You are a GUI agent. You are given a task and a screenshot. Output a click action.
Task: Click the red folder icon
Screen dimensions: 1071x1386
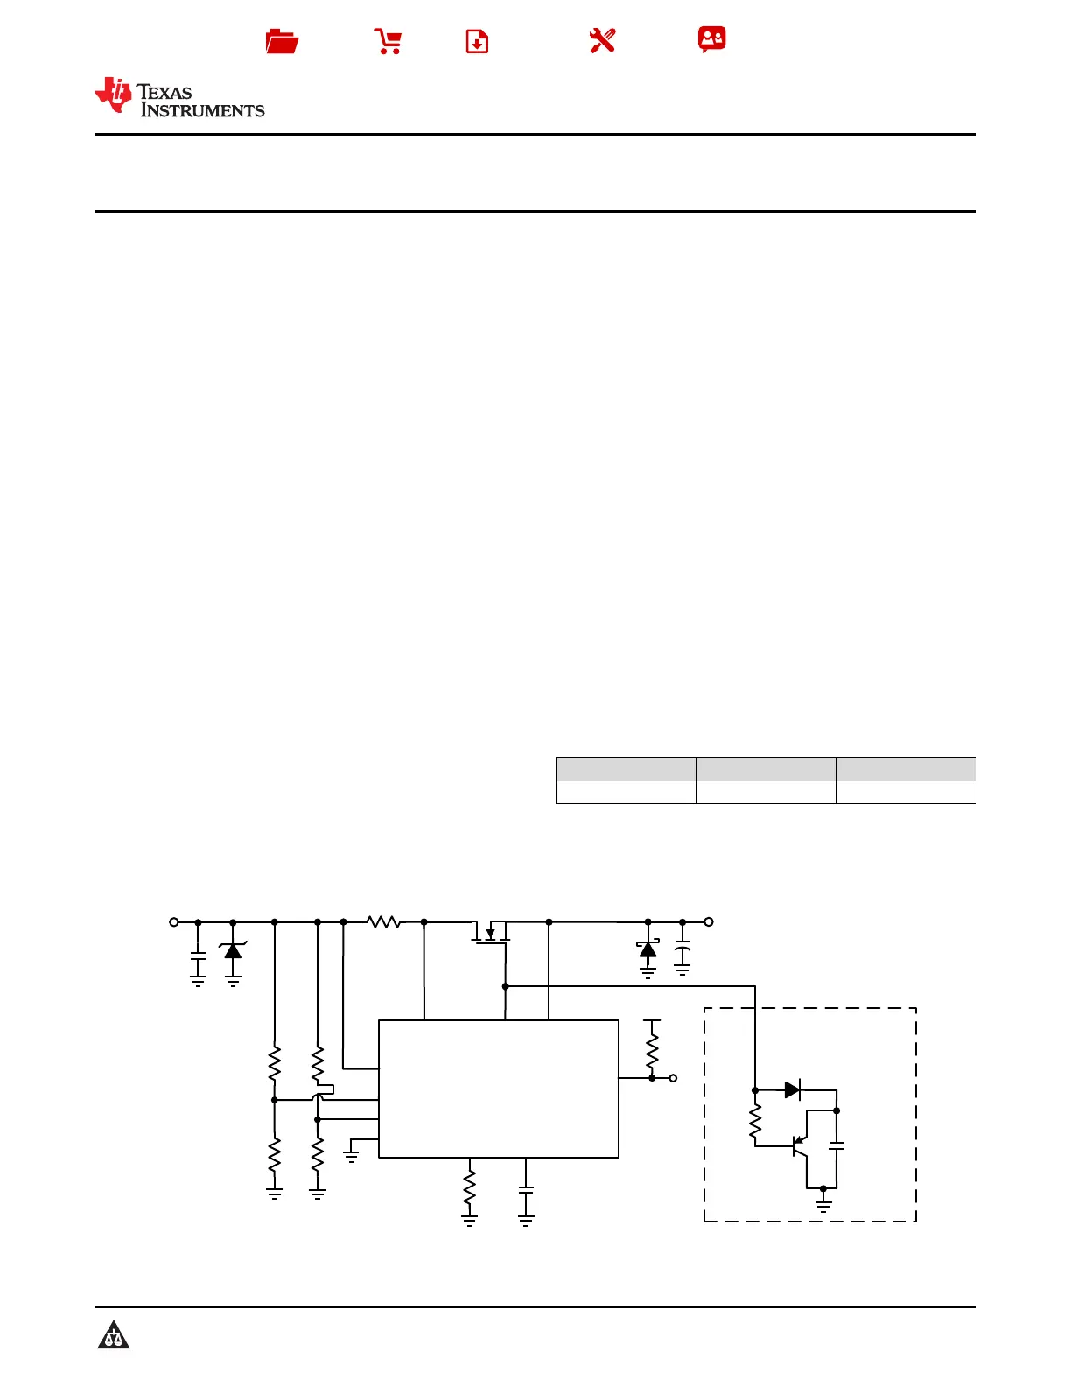point(282,41)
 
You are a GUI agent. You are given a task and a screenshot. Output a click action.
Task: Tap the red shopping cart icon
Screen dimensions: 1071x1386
point(388,41)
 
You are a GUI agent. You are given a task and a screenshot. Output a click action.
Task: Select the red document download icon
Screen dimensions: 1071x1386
point(477,41)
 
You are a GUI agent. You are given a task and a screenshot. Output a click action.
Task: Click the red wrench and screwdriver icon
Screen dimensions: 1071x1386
point(602,40)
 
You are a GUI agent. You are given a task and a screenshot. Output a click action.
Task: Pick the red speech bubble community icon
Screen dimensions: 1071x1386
point(711,39)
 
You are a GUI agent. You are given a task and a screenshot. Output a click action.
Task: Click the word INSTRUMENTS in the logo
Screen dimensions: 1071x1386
point(203,111)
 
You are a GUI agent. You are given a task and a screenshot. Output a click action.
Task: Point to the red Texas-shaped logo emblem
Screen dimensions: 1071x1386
point(113,94)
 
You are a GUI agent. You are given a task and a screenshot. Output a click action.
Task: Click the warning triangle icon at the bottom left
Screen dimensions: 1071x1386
point(114,1334)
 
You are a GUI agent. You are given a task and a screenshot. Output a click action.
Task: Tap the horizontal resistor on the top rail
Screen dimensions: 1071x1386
point(383,921)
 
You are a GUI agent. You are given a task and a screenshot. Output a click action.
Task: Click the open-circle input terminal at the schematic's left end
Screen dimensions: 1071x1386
point(174,921)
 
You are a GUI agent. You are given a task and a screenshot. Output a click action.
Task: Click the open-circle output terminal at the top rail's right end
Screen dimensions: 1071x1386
point(709,921)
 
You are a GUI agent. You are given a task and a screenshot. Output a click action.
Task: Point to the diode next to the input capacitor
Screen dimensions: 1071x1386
point(233,950)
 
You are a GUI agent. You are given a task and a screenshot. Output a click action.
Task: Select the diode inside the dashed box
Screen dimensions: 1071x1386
point(793,1090)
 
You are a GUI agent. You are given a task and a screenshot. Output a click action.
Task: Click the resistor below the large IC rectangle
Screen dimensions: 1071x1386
point(470,1188)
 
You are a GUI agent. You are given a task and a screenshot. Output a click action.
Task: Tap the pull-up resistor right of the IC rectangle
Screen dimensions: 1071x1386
point(652,1050)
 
